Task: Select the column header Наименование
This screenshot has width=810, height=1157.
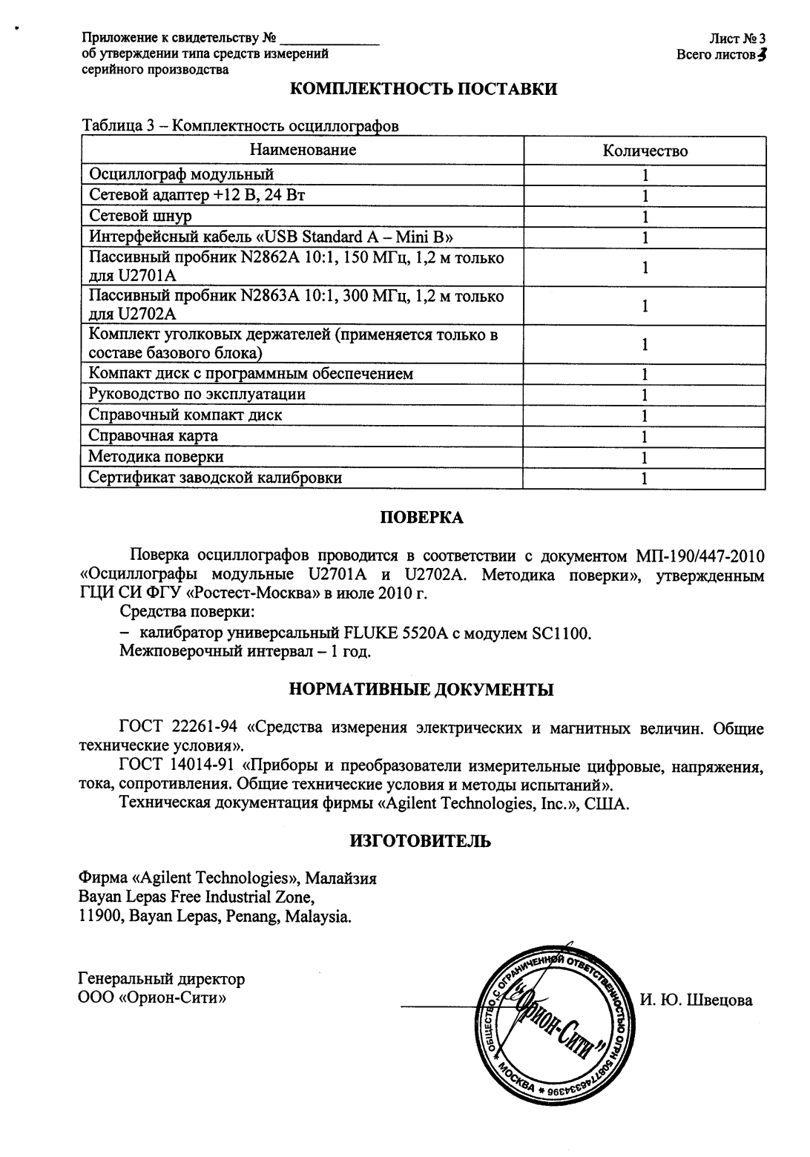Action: [x=303, y=150]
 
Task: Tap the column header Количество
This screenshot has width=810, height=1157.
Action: [x=645, y=151]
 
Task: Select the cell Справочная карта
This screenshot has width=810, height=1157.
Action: [x=154, y=435]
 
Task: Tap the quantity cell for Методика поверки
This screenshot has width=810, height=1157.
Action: [x=645, y=457]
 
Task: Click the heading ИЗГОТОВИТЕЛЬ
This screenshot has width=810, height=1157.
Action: [x=420, y=841]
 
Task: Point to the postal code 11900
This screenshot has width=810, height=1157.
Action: [x=100, y=917]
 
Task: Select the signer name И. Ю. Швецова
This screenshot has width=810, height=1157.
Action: [x=696, y=1001]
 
